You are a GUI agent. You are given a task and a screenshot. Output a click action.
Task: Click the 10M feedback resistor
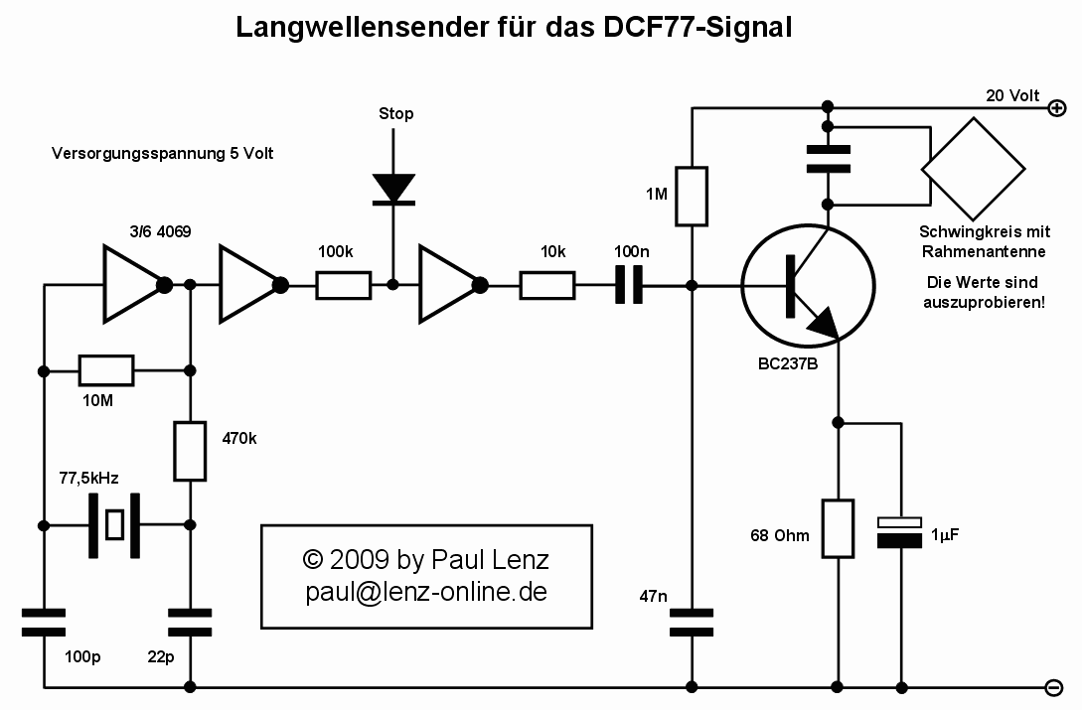(106, 371)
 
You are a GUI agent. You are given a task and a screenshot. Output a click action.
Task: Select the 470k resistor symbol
(189, 452)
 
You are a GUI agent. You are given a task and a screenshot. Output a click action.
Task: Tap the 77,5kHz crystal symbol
(116, 524)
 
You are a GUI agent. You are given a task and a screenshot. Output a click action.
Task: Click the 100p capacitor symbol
(45, 623)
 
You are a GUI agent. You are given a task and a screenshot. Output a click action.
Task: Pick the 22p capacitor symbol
(190, 623)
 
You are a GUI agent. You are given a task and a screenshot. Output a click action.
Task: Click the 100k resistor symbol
(344, 286)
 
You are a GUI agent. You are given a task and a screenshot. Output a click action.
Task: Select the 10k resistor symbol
(546, 286)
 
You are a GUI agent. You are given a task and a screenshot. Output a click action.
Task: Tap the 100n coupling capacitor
(628, 286)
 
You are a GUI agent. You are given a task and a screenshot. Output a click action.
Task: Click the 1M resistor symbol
(692, 196)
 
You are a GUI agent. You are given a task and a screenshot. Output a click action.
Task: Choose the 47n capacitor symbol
(692, 623)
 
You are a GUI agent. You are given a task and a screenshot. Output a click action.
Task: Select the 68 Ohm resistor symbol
(840, 528)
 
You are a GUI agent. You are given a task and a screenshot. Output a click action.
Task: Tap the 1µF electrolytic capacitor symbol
(901, 532)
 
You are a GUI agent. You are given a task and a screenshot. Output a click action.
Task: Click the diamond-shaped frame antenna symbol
(974, 169)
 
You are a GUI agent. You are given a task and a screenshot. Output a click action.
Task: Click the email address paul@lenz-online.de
(426, 592)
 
